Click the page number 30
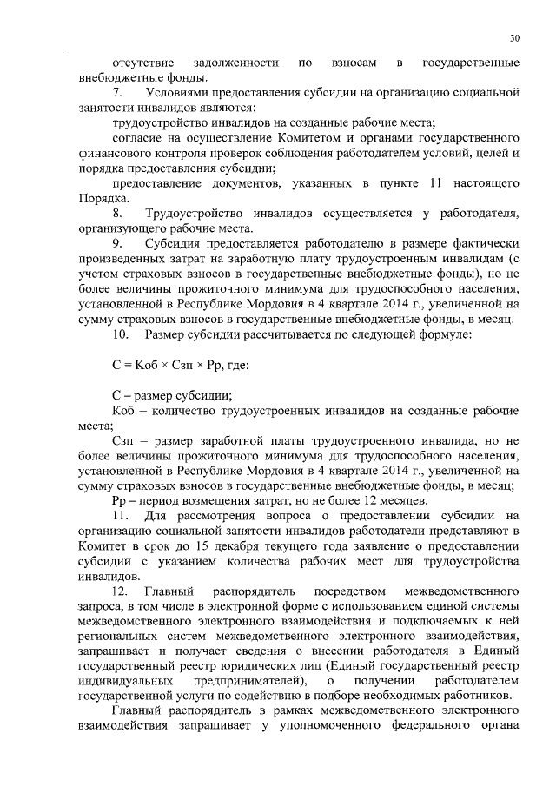(514, 38)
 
